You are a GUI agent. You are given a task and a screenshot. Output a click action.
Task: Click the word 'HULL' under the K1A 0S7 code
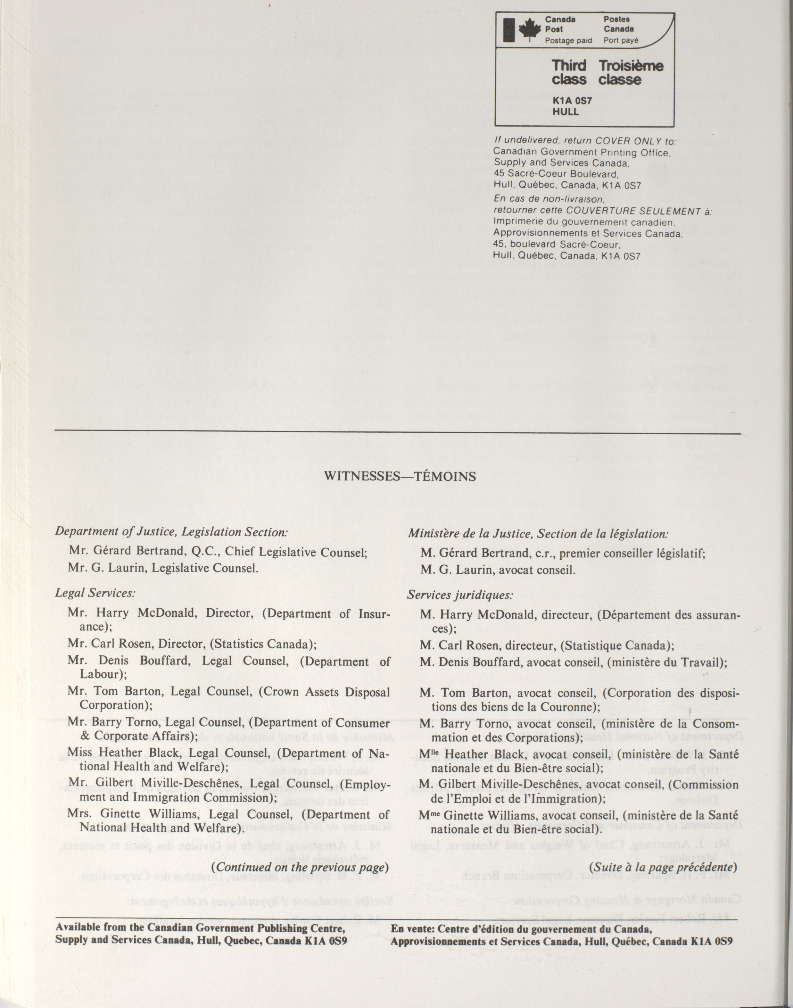(566, 112)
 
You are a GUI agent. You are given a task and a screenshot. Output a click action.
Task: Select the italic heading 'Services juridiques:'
(460, 595)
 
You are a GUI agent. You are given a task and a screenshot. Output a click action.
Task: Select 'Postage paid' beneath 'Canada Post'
(568, 40)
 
